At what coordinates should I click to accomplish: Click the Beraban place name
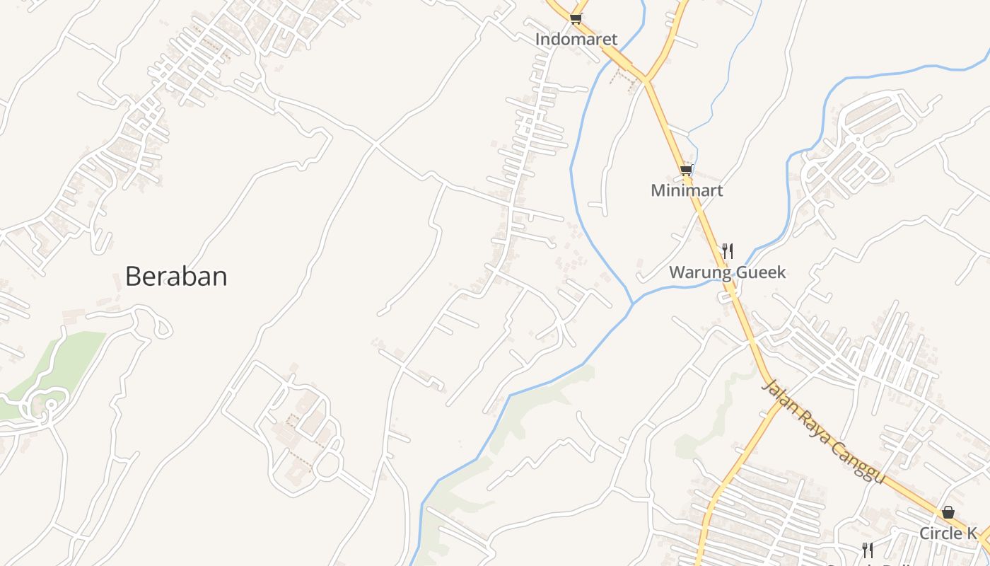point(176,277)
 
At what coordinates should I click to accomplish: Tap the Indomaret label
point(576,40)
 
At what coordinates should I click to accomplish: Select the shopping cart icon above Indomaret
point(576,18)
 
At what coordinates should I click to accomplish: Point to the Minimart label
point(687,191)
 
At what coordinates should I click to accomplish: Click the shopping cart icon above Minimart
point(686,170)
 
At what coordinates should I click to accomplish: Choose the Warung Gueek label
point(727,272)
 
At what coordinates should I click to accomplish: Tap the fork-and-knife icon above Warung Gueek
point(727,250)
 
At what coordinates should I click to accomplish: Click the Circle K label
point(948,533)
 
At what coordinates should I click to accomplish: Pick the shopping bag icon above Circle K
point(948,512)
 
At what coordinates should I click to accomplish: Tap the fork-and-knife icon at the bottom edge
point(867,550)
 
